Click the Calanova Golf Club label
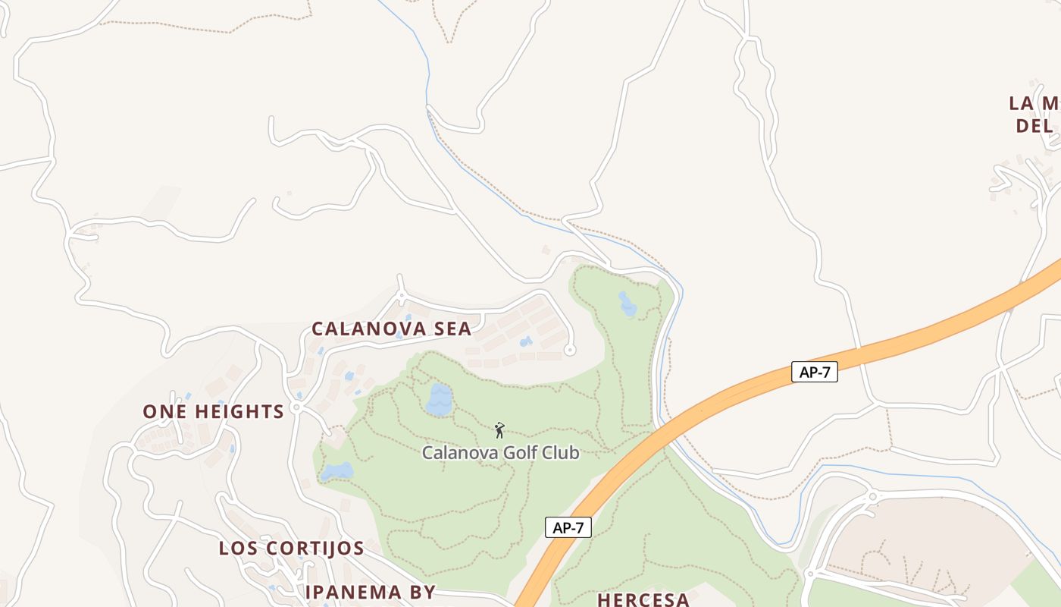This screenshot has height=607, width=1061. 500,453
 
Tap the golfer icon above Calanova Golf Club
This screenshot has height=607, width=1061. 499,431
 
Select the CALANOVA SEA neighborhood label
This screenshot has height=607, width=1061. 392,329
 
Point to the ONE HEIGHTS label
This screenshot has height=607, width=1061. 213,411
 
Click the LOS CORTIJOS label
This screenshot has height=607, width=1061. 292,548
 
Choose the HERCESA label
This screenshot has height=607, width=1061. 643,599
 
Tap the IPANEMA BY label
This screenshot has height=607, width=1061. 371,592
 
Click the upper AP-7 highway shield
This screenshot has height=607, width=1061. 815,373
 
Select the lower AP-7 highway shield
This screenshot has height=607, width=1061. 568,528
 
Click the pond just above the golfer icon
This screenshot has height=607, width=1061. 440,399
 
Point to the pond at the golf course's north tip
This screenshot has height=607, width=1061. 628,303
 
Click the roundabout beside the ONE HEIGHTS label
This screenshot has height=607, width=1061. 296,407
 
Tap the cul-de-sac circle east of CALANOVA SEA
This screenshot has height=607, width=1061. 570,350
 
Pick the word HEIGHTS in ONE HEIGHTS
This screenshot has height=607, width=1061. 239,411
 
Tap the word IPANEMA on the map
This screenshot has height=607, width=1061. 349,592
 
